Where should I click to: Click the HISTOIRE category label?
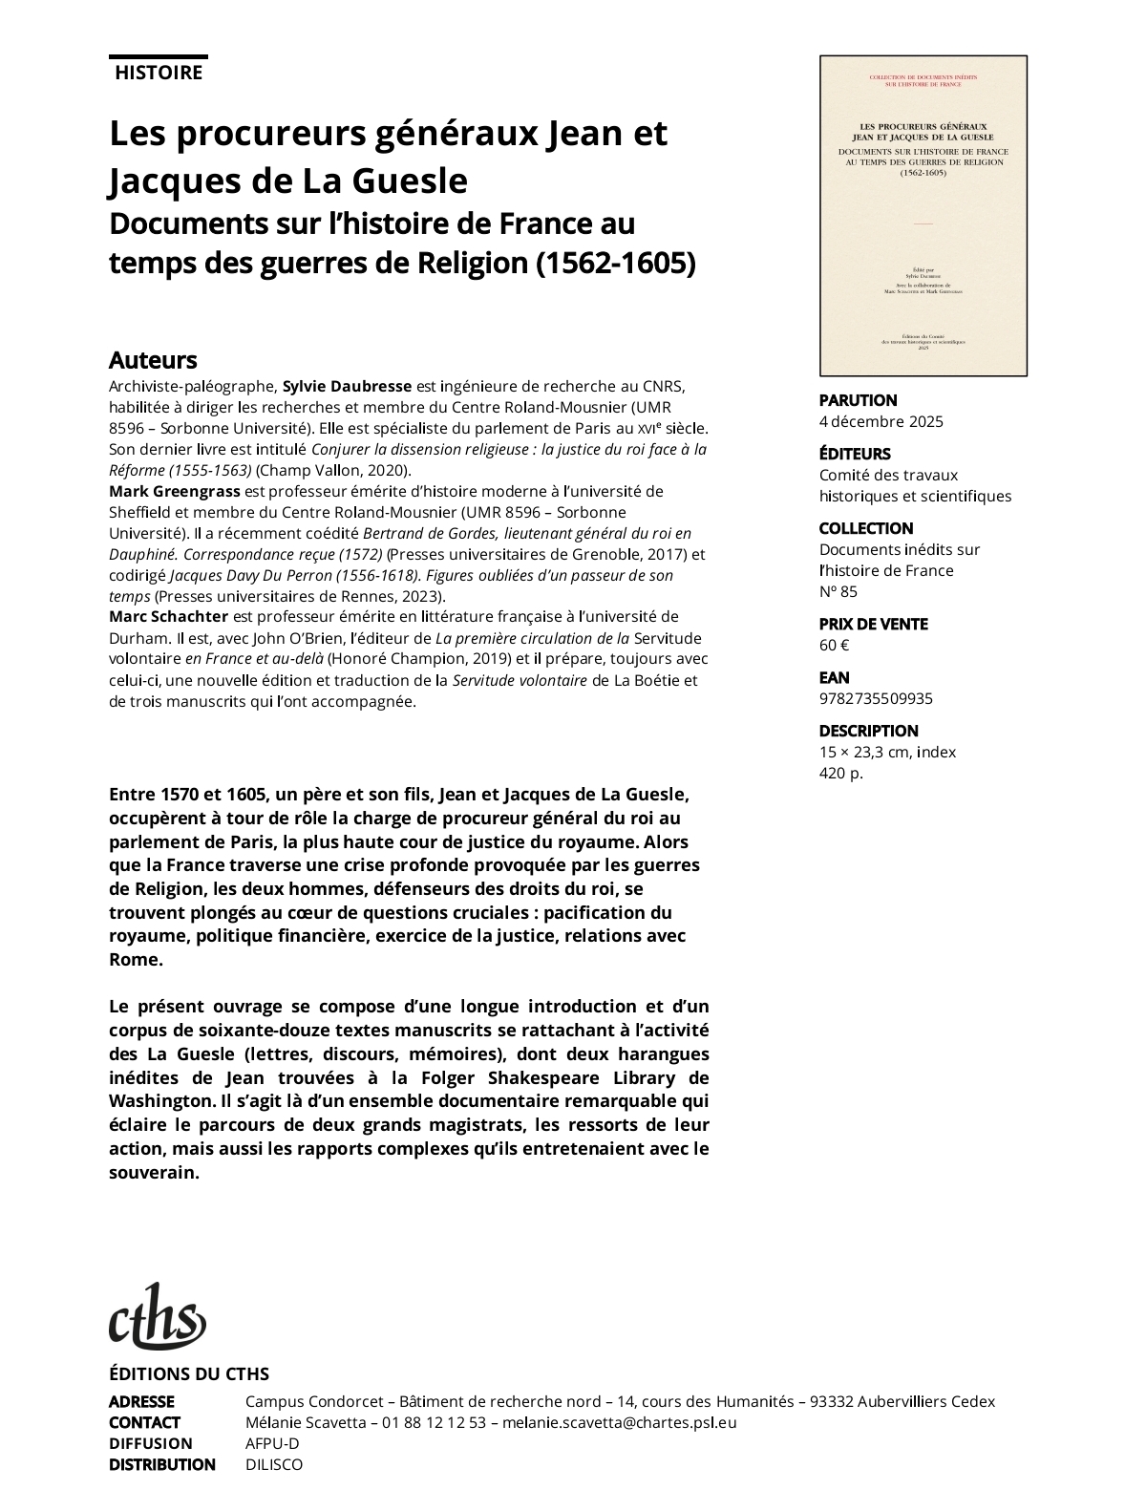click(x=159, y=73)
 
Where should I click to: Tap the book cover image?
click(x=923, y=216)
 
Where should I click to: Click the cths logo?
click(x=158, y=1317)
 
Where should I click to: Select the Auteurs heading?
click(x=153, y=360)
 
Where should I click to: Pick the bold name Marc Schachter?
click(x=169, y=617)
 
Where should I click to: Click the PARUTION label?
click(x=858, y=400)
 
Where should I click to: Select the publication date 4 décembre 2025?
click(x=881, y=421)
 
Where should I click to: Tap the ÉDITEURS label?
click(x=854, y=454)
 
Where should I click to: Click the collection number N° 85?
click(x=838, y=591)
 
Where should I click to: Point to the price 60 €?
click(x=834, y=645)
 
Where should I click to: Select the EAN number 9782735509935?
click(x=876, y=698)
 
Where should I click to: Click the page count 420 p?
click(x=840, y=773)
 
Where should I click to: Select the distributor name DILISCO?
click(x=273, y=1464)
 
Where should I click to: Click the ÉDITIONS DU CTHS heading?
click(x=189, y=1374)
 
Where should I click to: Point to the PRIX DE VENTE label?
click(x=873, y=624)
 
